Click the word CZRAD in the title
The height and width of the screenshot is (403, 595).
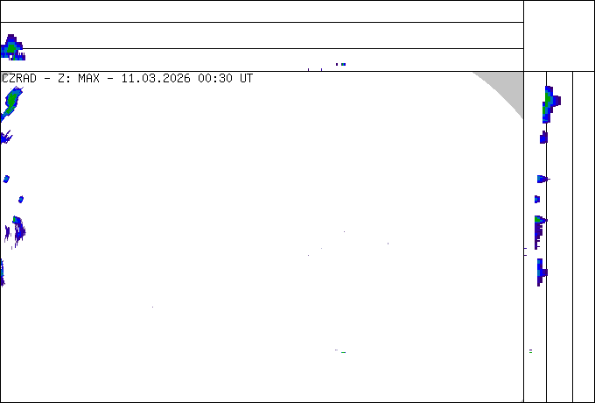tap(19, 79)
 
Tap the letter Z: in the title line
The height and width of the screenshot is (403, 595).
tap(62, 79)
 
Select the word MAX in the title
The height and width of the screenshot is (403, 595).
tap(88, 79)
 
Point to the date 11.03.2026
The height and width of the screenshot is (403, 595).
tap(156, 79)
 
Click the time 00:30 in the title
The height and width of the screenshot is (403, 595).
tap(215, 79)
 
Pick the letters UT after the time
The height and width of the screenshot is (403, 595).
tap(246, 79)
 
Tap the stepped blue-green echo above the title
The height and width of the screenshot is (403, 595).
tap(12, 47)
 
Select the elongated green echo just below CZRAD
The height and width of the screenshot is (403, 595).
tap(11, 103)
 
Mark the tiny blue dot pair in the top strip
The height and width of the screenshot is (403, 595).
tap(340, 64)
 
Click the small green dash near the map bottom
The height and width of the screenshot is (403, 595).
tap(343, 352)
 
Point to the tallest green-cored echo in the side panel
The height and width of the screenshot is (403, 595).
tap(551, 104)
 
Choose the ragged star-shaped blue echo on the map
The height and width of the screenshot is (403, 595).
tap(6, 137)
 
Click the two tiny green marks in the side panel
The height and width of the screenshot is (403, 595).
tap(530, 351)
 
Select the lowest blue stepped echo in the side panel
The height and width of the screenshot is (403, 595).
tap(542, 272)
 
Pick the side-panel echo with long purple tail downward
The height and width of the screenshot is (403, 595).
tap(541, 232)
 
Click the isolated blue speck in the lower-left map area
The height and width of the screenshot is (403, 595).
tap(152, 307)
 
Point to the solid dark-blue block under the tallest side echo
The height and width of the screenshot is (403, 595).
tap(543, 138)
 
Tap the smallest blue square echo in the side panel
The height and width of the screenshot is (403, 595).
tap(537, 199)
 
